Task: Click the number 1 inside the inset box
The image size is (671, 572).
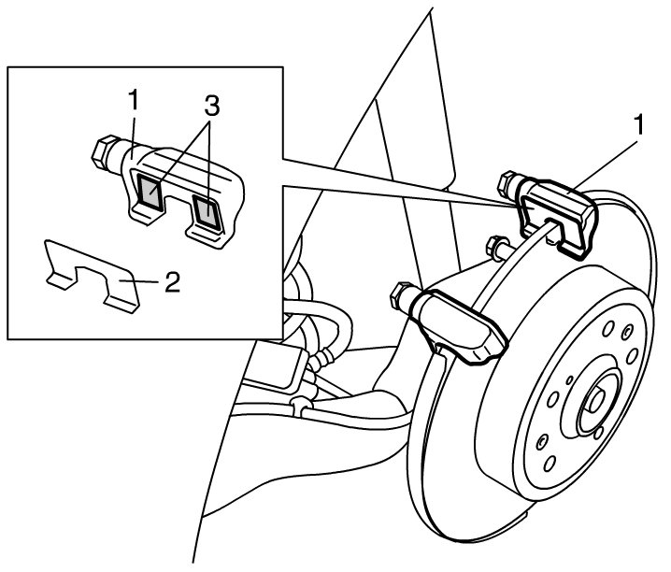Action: pos(134,100)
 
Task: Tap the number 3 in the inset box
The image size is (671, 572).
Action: pos(211,106)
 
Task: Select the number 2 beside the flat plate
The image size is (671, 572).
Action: pos(172,282)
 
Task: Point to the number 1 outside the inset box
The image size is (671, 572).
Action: pos(638,124)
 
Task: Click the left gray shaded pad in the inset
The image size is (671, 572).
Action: pos(150,191)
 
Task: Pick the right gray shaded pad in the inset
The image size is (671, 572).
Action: pos(207,212)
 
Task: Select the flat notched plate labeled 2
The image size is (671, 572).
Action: pos(92,276)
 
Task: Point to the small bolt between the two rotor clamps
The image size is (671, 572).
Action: pos(496,248)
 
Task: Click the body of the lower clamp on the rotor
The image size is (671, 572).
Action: pos(458,325)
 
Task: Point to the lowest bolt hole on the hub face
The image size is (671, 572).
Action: pos(550,464)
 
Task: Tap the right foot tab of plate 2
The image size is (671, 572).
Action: pos(121,304)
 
